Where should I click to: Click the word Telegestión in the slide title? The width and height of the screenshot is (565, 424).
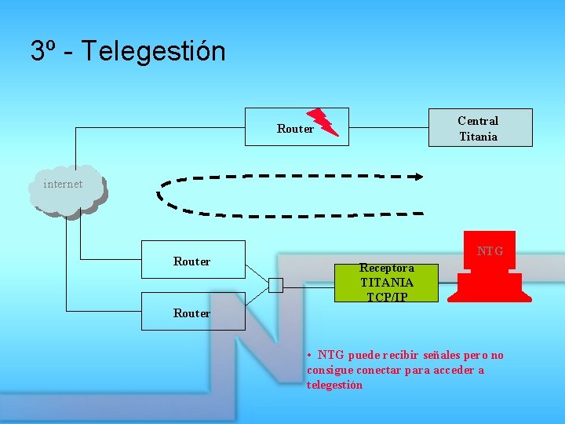[x=153, y=52]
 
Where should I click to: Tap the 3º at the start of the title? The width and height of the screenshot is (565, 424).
[x=42, y=52]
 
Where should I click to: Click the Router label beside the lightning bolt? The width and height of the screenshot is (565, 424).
[x=295, y=129]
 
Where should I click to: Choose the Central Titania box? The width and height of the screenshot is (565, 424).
[x=479, y=128]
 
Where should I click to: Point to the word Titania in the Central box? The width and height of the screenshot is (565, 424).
[x=478, y=137]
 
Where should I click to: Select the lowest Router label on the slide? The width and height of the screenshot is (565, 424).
[x=192, y=313]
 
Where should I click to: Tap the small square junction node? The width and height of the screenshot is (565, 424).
[x=275, y=285]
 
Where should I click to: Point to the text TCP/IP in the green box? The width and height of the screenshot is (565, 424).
[x=386, y=297]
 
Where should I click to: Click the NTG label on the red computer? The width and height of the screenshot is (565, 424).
[x=490, y=251]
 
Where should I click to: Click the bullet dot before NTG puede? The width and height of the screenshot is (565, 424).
[x=311, y=355]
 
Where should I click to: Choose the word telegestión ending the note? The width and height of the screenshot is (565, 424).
[x=335, y=385]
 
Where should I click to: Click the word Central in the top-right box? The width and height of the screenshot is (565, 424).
[x=478, y=121]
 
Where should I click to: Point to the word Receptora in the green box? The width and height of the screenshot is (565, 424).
[x=386, y=268]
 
